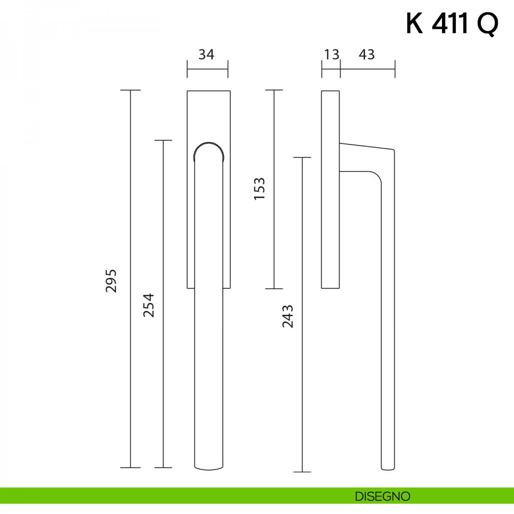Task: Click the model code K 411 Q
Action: [452, 24]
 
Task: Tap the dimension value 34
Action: [206, 55]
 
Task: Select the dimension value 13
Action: [332, 55]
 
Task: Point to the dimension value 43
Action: [367, 55]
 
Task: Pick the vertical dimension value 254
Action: [149, 305]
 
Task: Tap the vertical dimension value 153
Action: [259, 188]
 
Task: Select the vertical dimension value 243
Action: [288, 317]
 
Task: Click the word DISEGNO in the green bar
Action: [383, 496]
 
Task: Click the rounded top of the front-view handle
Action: [209, 143]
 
